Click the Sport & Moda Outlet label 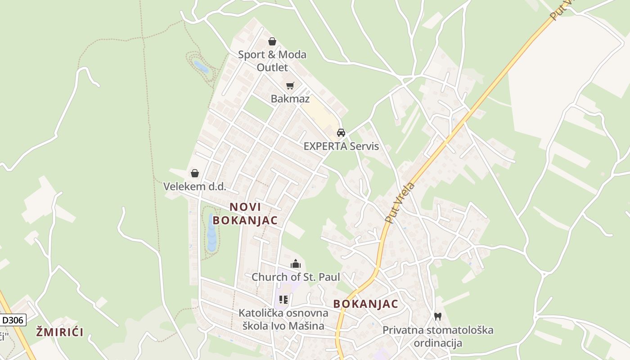(x=272, y=61)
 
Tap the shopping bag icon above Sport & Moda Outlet (x=272, y=42)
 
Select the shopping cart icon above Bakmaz (x=290, y=85)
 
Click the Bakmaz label (x=290, y=99)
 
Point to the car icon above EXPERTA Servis (x=341, y=133)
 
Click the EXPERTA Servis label (x=341, y=146)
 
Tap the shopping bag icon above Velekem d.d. (x=195, y=173)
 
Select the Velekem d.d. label (x=194, y=186)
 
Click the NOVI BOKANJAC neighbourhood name (x=245, y=214)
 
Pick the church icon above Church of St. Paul (x=296, y=264)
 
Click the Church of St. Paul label (x=296, y=277)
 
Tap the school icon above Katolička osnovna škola (x=283, y=299)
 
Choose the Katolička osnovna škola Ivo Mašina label (x=281, y=319)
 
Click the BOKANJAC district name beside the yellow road (x=365, y=304)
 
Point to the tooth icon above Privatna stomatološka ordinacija (x=437, y=316)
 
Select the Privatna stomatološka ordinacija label (x=437, y=336)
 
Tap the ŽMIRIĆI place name (x=60, y=333)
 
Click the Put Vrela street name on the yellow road (x=400, y=202)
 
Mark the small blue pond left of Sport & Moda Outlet (x=201, y=67)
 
